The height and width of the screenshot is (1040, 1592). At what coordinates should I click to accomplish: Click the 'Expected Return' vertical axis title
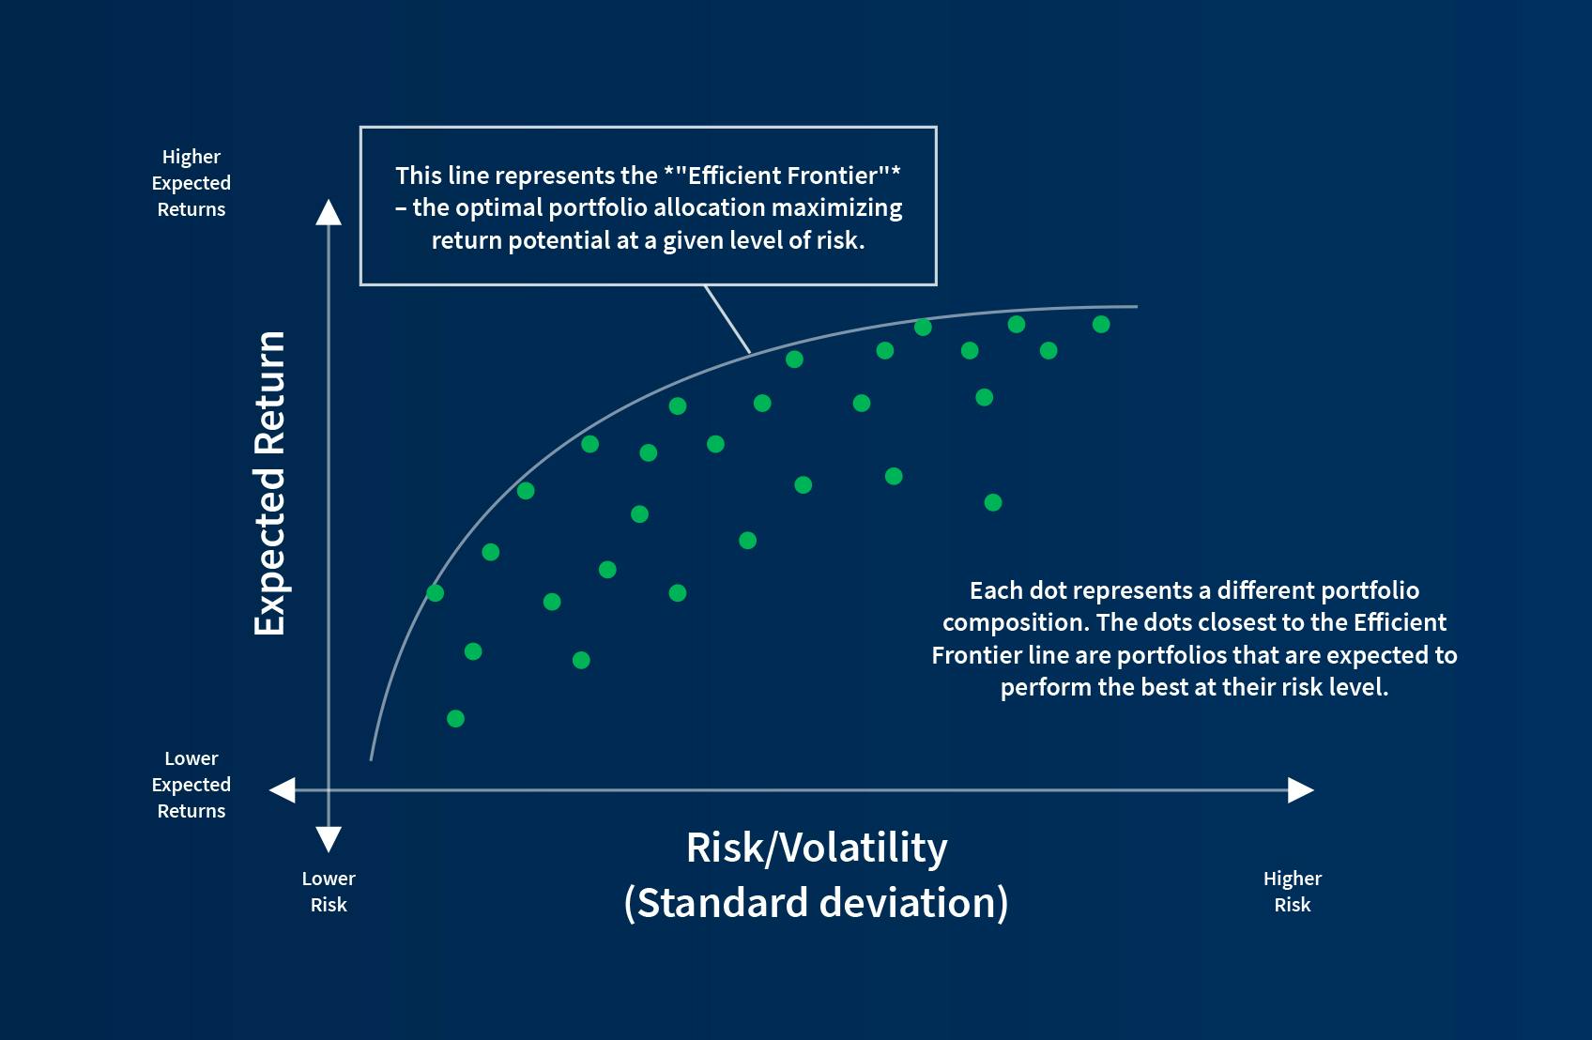(270, 482)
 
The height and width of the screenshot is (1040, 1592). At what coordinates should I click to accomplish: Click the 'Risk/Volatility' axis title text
(817, 848)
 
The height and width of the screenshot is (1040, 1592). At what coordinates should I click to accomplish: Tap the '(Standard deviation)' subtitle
(816, 903)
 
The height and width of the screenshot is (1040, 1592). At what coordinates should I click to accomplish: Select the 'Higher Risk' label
(1292, 892)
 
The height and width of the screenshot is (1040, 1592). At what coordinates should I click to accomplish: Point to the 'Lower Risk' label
(329, 892)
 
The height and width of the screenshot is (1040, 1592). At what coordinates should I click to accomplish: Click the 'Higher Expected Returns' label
(191, 183)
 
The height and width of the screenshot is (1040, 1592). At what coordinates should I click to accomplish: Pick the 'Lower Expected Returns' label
(191, 785)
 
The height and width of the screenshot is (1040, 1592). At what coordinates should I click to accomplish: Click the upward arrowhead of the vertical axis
(329, 214)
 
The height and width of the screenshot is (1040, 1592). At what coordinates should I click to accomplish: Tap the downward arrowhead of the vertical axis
(329, 838)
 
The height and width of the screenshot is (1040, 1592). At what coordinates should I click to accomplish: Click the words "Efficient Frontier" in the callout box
(782, 176)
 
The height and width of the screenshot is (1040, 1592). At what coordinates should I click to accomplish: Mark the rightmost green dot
(1101, 325)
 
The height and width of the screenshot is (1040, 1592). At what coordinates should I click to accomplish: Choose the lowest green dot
(455, 719)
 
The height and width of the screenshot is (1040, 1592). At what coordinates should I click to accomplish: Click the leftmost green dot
(435, 593)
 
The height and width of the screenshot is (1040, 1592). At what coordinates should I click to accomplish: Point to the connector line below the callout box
(727, 319)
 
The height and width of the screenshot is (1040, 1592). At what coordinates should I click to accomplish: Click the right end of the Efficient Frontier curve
(1133, 307)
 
